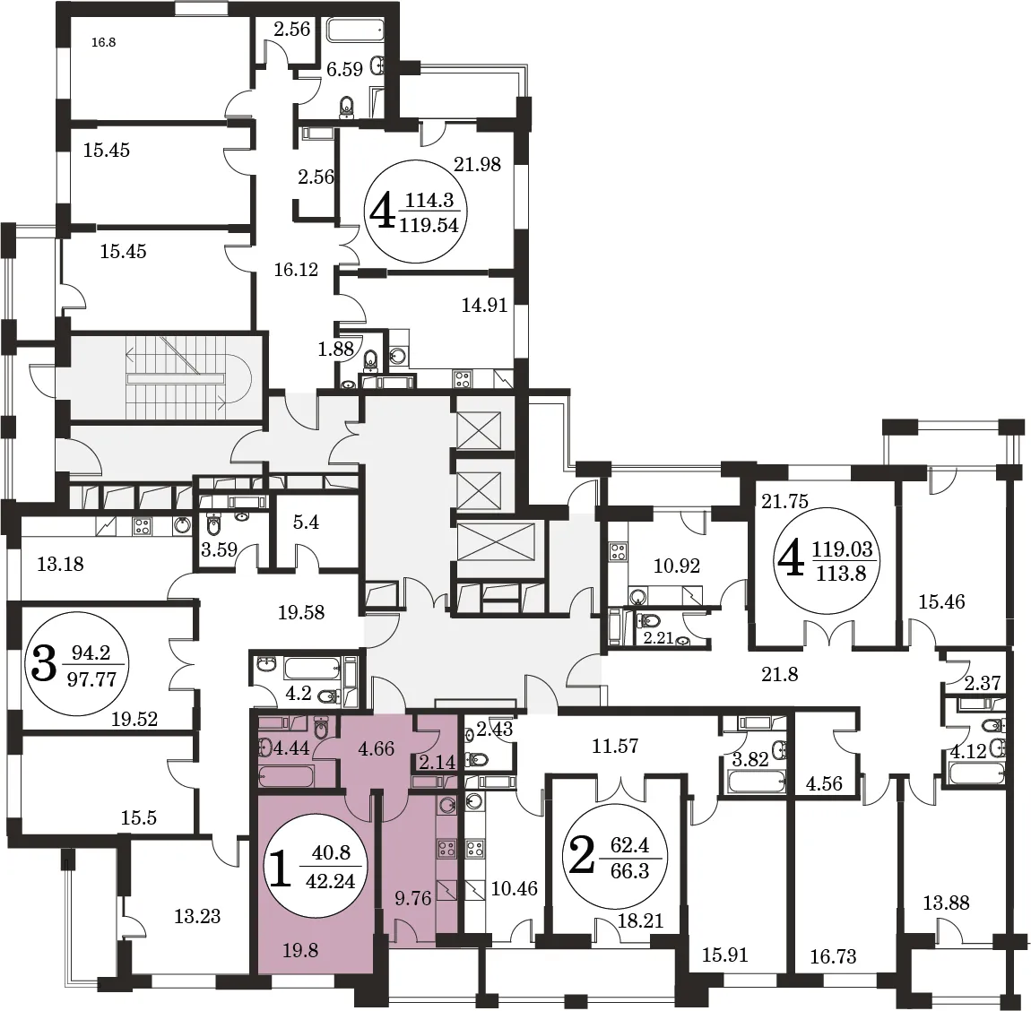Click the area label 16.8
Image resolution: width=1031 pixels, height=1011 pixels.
(104, 43)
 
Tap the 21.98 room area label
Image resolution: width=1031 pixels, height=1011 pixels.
(477, 164)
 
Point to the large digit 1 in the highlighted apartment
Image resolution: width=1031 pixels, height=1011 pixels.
(280, 867)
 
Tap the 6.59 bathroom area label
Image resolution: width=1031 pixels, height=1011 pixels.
(344, 69)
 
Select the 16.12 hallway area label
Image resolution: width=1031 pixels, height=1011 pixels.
(296, 270)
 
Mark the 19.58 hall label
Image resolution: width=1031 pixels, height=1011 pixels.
(301, 613)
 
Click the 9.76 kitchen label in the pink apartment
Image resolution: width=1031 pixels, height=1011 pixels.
(413, 898)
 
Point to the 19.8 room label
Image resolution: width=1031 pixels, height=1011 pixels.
(300, 950)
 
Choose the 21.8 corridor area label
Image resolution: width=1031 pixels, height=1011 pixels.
(780, 674)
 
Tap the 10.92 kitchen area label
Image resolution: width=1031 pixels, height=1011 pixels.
(677, 566)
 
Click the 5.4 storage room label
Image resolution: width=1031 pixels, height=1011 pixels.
(306, 523)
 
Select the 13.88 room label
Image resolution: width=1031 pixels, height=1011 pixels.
(946, 903)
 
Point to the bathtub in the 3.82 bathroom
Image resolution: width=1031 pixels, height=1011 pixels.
(756, 782)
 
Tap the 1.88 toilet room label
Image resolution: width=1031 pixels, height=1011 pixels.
(336, 349)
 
